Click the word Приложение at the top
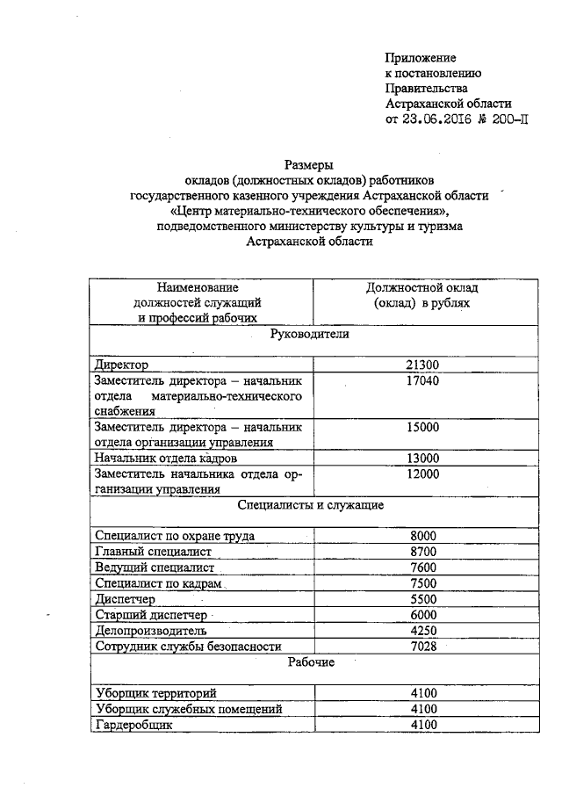422,57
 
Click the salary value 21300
423,365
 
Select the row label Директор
121,365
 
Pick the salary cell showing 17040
423,381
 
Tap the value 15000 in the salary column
423,427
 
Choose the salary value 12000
423,474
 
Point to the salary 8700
423,552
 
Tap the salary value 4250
423,631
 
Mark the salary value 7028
423,647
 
